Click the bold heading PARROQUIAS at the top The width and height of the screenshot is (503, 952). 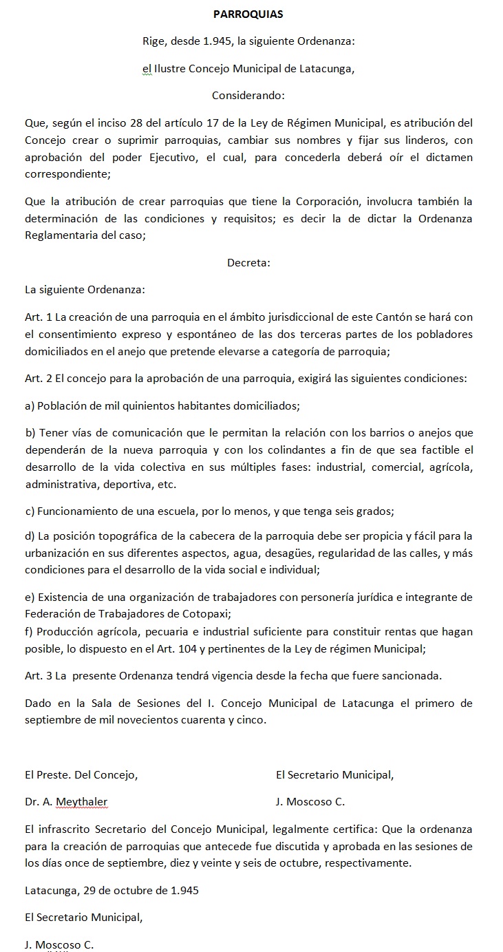tap(248, 14)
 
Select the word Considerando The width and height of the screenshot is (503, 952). tap(248, 95)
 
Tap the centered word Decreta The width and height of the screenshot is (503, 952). tap(248, 262)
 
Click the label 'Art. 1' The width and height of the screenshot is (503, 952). tap(39, 317)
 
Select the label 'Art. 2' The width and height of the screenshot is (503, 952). tap(39, 379)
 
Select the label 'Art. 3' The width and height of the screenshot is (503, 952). tap(39, 675)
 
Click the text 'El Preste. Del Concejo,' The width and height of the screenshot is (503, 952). tap(81, 775)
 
